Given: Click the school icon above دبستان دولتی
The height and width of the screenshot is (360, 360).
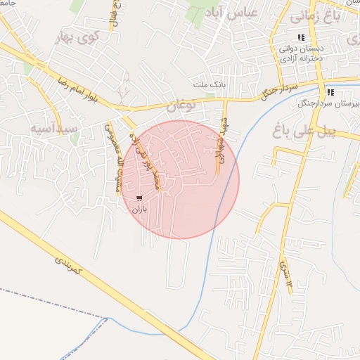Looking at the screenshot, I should pos(301,37).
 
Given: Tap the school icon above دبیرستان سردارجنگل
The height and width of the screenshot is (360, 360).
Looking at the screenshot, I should pos(330,91).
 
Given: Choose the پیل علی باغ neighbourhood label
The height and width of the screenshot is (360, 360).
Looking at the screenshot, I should pos(300,131).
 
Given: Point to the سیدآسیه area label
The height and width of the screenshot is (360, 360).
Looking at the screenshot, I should pos(54,129).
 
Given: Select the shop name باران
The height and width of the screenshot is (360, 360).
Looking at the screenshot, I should pos(139,209).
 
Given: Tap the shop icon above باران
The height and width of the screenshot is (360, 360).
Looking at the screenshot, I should pos(139,198).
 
